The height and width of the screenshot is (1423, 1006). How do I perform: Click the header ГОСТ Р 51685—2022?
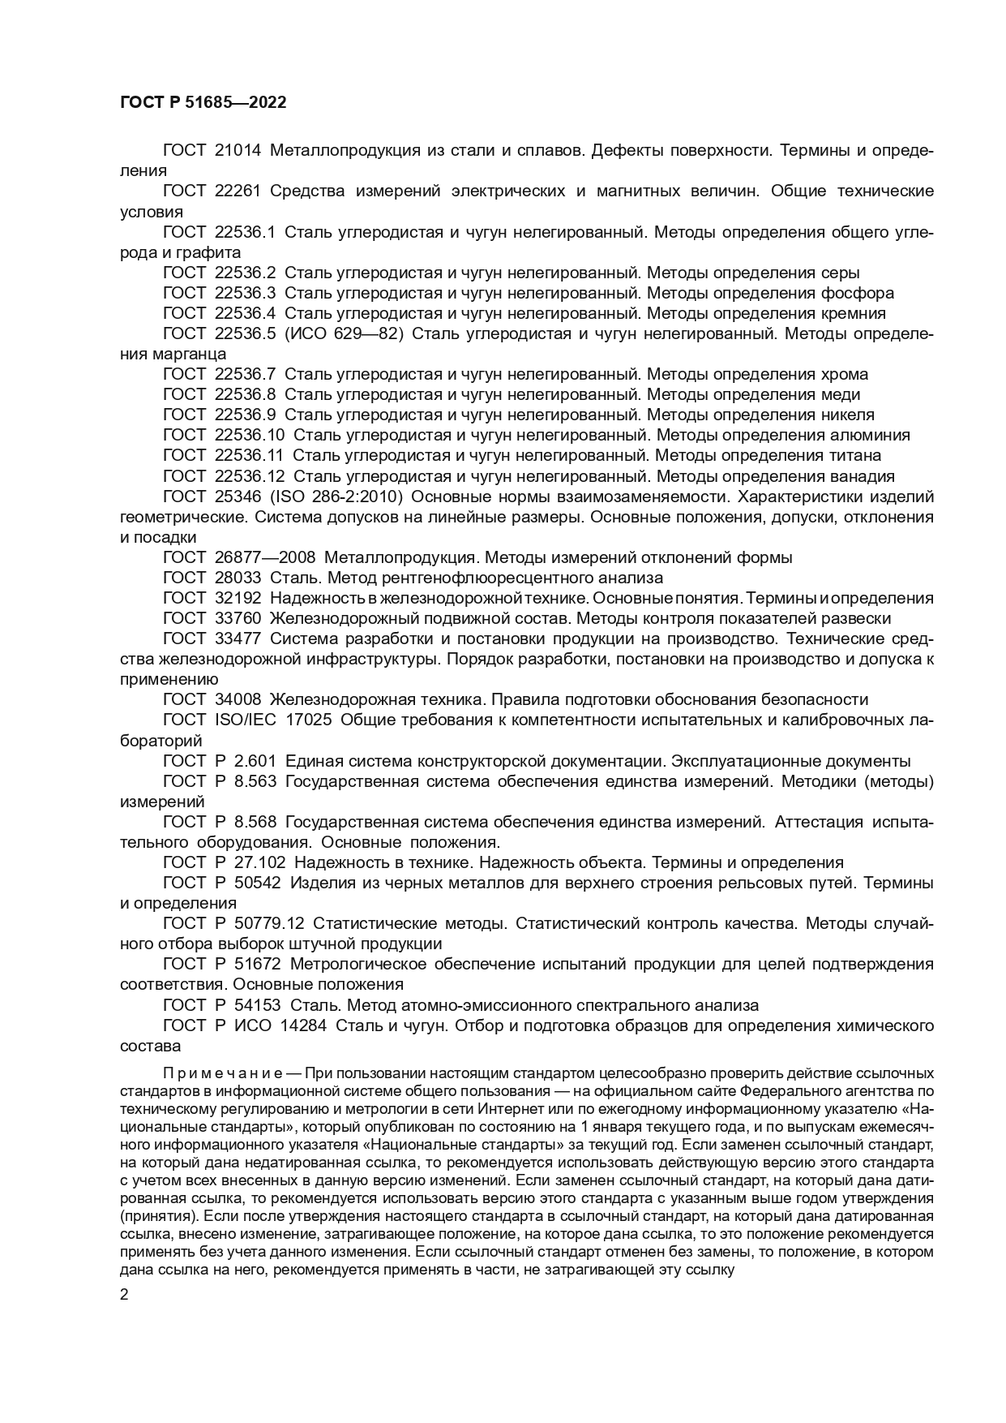pyautogui.click(x=203, y=103)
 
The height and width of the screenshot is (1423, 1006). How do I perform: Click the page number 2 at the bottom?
pyautogui.click(x=124, y=1295)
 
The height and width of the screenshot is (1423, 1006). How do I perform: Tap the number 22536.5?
pyautogui.click(x=246, y=333)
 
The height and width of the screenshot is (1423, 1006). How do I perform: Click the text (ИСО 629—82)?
pyautogui.click(x=345, y=333)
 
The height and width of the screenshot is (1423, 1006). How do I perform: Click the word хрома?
pyautogui.click(x=841, y=374)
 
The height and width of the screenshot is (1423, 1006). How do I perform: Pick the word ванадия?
pyautogui.click(x=864, y=476)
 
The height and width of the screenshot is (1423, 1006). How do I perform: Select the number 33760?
pyautogui.click(x=238, y=618)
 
